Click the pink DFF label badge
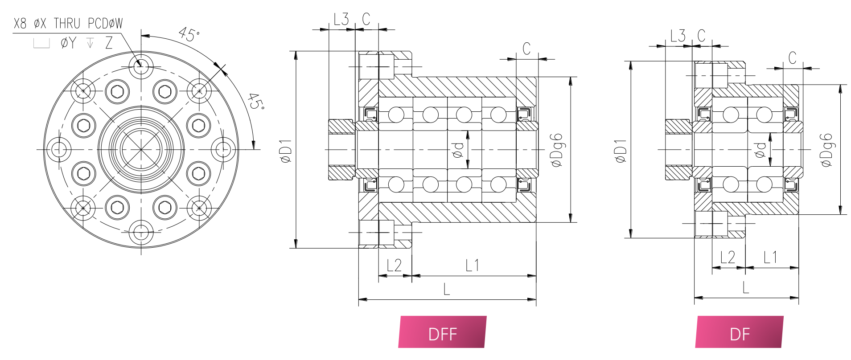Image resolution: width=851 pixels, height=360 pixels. point(442,332)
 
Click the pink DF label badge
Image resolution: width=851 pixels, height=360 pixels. point(739,332)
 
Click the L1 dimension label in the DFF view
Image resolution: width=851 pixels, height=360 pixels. point(472,266)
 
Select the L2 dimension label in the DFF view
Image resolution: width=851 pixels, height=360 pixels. point(394,266)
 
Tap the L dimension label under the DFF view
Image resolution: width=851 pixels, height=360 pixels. point(447,290)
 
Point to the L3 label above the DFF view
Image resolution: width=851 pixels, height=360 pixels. point(341,19)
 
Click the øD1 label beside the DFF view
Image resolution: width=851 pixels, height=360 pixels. point(286,151)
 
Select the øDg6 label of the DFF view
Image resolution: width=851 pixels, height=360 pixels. point(557,150)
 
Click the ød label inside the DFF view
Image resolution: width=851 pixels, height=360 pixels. point(458,150)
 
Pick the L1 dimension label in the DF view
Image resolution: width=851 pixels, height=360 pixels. point(770,257)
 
